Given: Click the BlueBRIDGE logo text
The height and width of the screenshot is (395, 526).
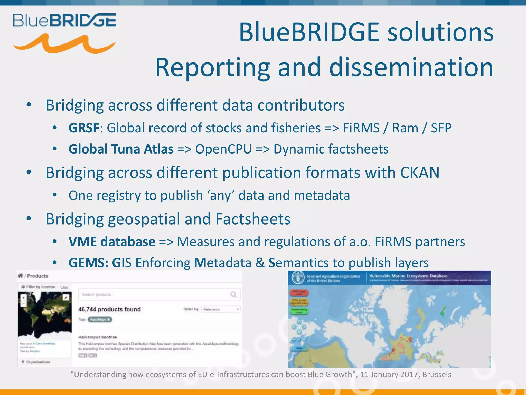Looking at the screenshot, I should click(65, 21).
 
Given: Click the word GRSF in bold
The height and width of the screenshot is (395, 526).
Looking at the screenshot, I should click(84, 128).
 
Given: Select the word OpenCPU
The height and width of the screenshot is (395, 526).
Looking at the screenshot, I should click(223, 149).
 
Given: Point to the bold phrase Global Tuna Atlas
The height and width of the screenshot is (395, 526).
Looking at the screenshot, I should click(121, 149).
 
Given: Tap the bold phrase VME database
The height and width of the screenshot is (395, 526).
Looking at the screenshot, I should click(112, 242).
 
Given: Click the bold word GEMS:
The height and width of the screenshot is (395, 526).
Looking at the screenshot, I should click(88, 263).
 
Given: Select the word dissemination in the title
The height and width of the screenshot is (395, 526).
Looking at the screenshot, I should click(411, 67).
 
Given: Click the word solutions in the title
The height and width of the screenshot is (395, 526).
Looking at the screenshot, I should click(440, 32).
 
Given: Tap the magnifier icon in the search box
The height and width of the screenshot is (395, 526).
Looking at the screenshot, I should click(233, 294).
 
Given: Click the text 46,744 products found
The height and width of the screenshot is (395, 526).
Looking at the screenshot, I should click(109, 309).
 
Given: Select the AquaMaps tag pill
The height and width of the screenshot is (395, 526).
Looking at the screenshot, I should click(100, 320).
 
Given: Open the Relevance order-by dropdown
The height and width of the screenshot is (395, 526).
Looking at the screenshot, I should click(221, 309).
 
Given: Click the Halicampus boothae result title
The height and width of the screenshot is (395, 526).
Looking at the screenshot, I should click(98, 337).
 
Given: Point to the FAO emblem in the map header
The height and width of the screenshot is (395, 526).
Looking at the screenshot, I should click(298, 278).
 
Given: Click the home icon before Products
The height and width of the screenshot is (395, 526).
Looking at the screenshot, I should click(21, 276).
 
